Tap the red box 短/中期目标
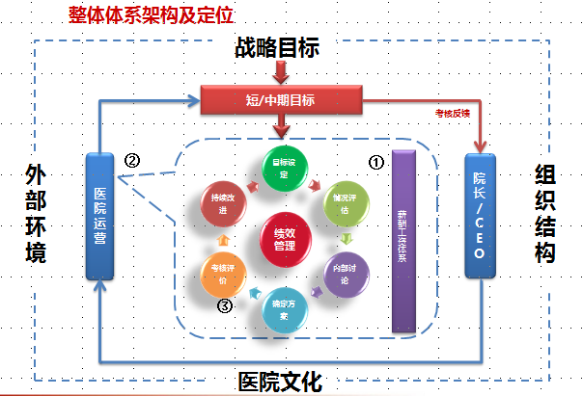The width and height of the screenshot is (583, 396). click(280, 99)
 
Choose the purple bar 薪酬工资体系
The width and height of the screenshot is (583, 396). click(402, 241)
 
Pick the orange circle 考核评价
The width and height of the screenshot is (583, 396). click(222, 276)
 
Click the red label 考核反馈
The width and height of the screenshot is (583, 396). click(452, 115)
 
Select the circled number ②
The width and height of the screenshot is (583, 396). click(134, 159)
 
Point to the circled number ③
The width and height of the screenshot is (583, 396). click(223, 307)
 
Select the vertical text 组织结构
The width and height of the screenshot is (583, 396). click(543, 213)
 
